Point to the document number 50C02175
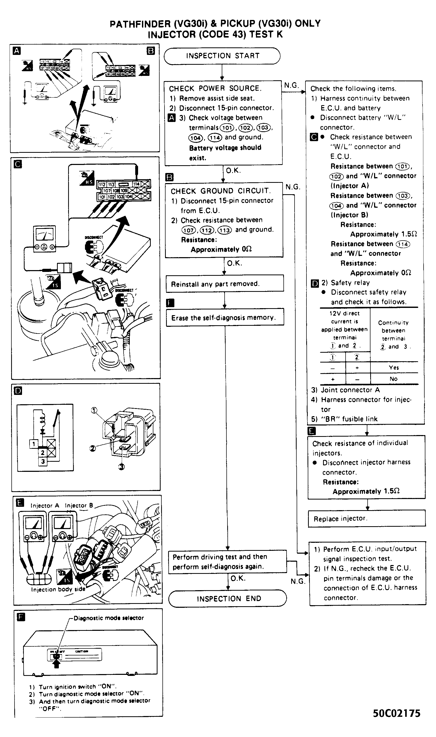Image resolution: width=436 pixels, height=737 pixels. tap(396, 713)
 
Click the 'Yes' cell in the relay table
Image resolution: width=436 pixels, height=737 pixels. tap(394, 367)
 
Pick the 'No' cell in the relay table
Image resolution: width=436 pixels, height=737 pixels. tap(394, 379)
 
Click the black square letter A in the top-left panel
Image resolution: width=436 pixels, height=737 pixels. tap(17, 51)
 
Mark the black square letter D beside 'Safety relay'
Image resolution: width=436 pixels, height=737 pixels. tap(314, 283)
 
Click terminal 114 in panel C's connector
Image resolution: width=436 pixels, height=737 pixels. tap(136, 184)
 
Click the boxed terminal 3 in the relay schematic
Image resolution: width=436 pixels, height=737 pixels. tap(43, 461)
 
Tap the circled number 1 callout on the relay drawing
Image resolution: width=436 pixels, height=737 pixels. tap(94, 410)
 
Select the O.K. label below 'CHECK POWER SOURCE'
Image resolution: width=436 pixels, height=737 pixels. tap(233, 171)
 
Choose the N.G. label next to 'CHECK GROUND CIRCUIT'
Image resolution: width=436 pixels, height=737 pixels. tap(293, 187)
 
